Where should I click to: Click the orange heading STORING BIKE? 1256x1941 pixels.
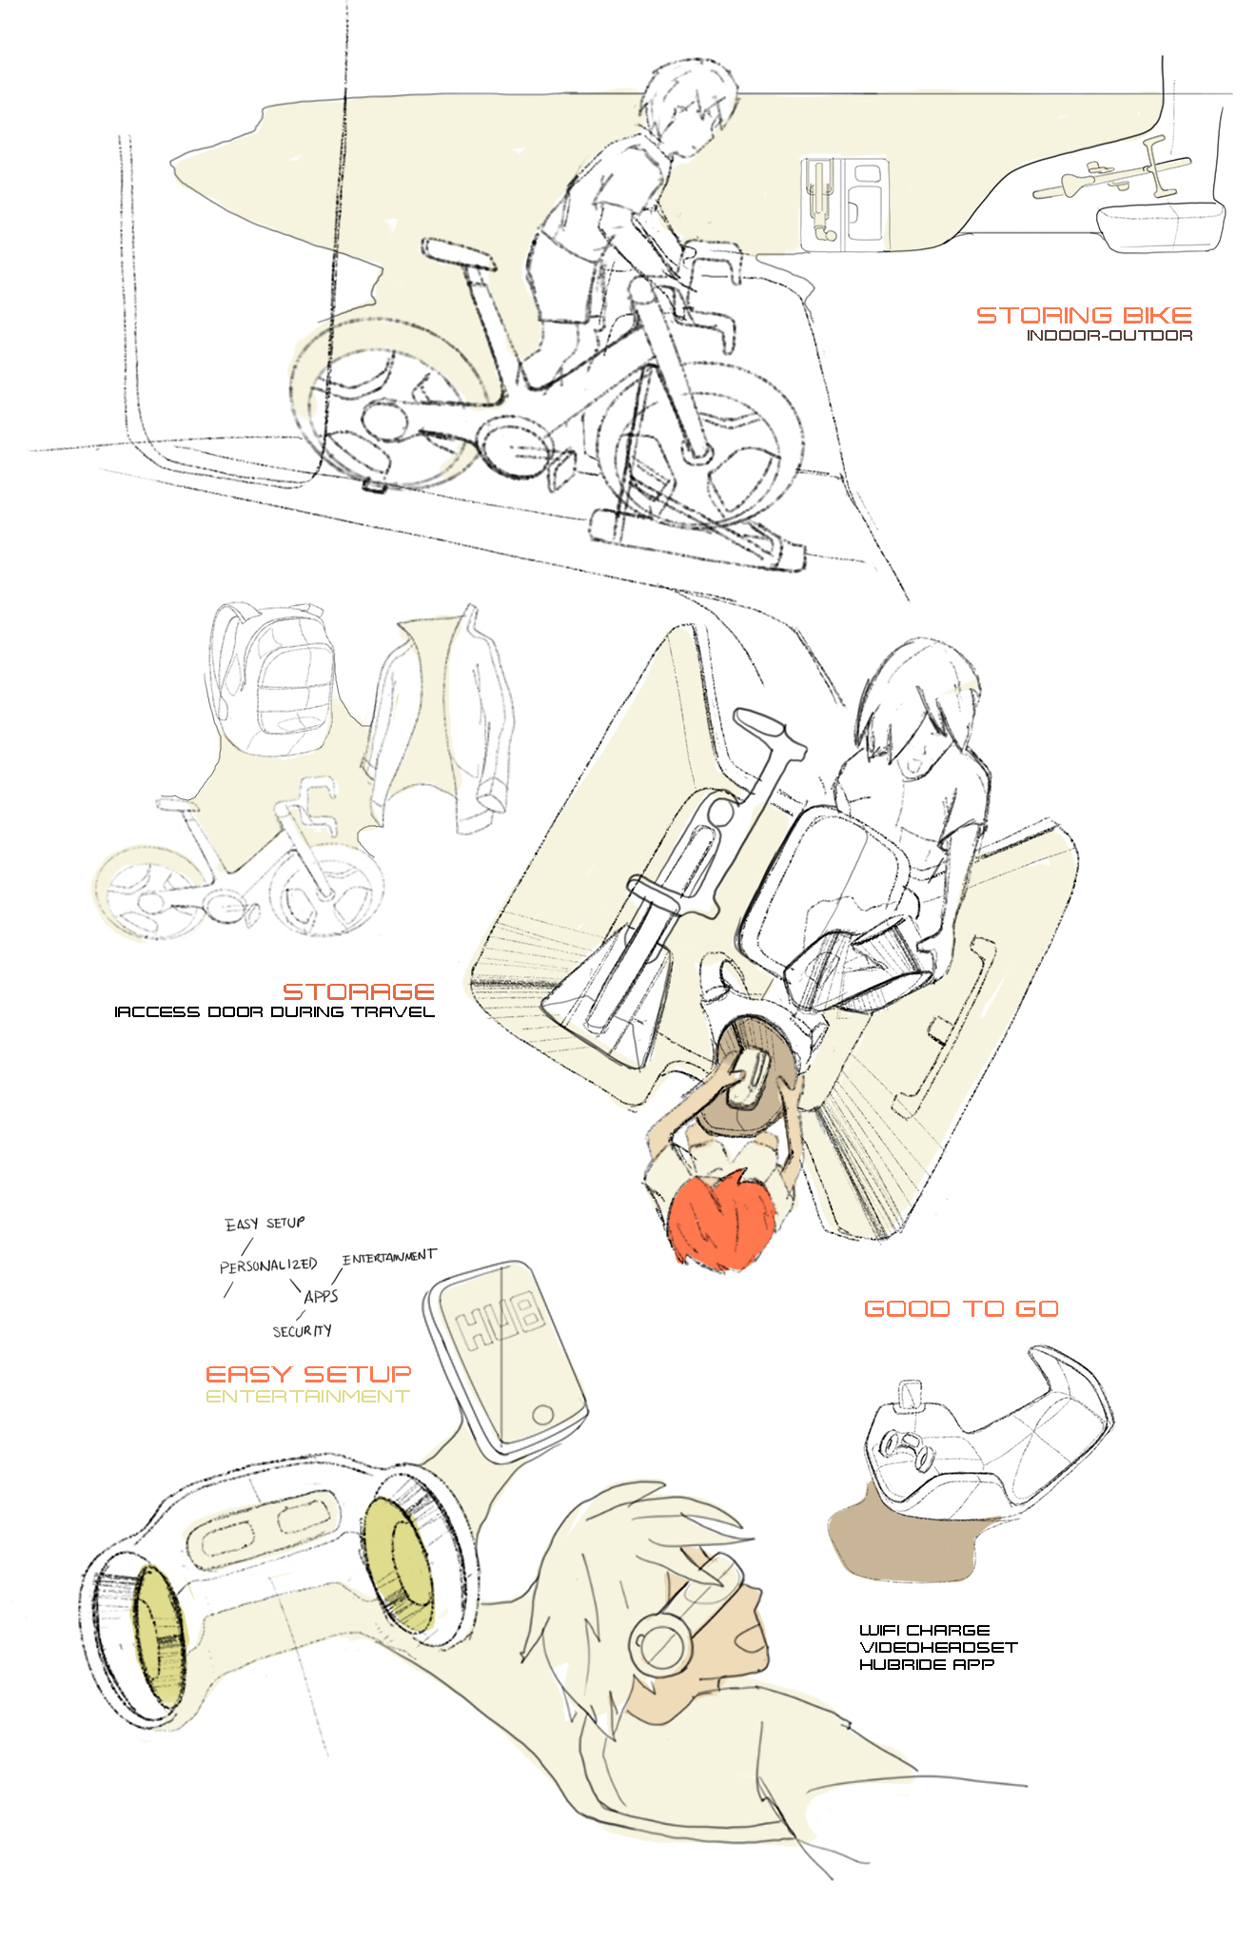(x=1084, y=315)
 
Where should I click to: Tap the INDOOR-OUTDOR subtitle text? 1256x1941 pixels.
(x=1109, y=335)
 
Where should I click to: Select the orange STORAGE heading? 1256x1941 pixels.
(x=359, y=991)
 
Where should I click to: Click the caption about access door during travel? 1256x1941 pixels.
(x=274, y=1011)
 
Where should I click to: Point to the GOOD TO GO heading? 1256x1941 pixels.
(x=961, y=1308)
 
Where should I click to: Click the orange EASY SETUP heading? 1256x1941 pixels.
(x=308, y=1374)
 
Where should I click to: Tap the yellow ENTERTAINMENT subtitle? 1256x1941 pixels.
(x=307, y=1396)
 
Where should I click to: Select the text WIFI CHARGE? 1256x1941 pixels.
(x=924, y=1630)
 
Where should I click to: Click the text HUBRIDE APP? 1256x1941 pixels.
(x=926, y=1664)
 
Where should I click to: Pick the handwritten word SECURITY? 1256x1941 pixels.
(x=302, y=1330)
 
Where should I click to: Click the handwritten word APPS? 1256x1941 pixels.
(x=321, y=1296)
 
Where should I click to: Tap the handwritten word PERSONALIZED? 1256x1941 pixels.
(x=267, y=1265)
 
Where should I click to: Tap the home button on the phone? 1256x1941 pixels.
(x=542, y=1414)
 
